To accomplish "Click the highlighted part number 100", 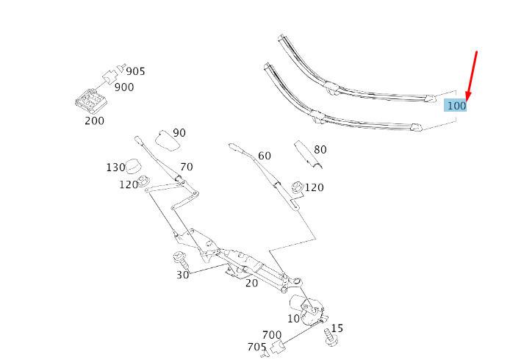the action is coord(456,106).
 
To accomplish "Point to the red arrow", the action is coord(472,76).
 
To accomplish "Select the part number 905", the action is coord(135,71).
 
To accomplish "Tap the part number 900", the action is coord(124,87).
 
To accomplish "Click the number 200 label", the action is coord(94,120).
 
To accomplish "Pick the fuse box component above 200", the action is coord(91,98).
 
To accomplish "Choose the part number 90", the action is coord(179,133).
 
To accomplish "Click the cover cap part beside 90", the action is coord(166,141).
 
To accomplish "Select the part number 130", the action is coord(115,168).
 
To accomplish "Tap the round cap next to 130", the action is coord(134,166).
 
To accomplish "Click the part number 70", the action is coord(187,167).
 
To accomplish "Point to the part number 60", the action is coord(264,156).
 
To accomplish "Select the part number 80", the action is coord(320,150).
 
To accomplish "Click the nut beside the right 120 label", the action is coord(297,187).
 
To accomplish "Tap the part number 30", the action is coord(182,275).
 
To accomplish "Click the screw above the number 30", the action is coord(179,259).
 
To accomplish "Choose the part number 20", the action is coord(251,283).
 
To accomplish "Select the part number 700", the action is coord(272,334).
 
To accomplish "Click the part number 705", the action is coord(256,347).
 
